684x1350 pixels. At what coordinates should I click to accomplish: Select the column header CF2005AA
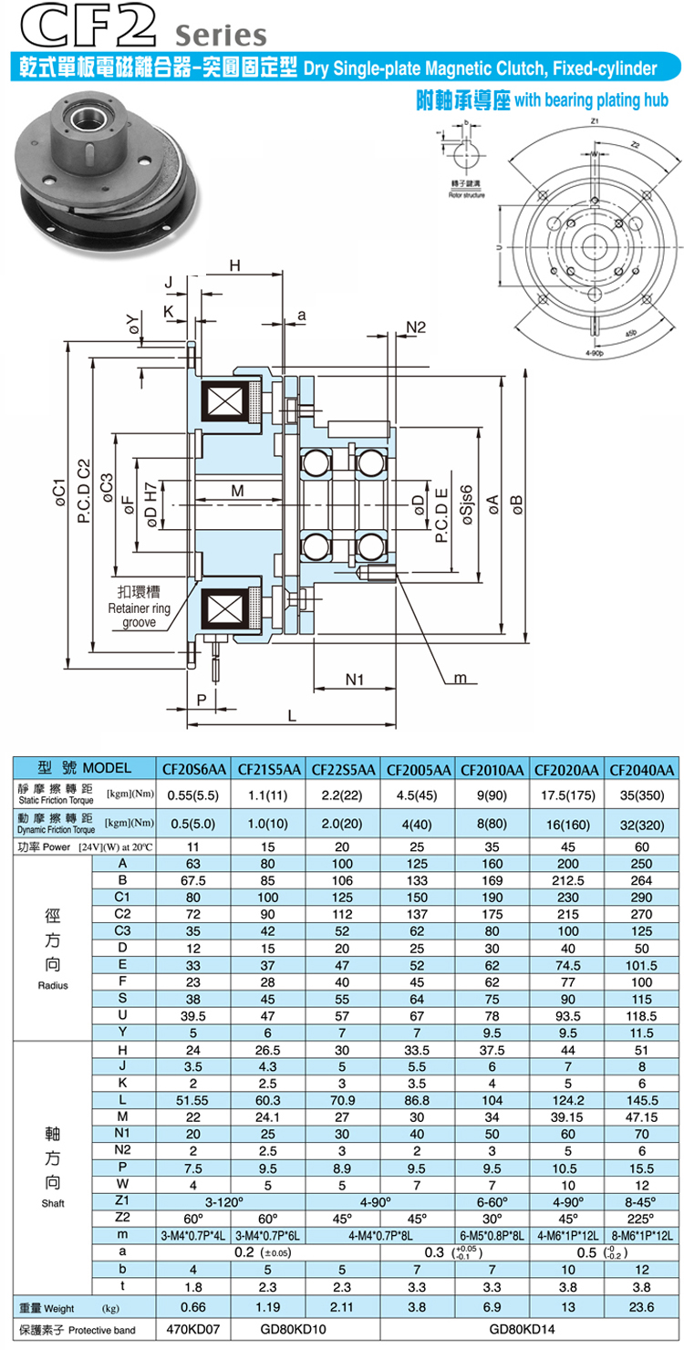[x=418, y=769]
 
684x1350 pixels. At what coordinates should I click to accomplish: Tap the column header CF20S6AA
[x=195, y=769]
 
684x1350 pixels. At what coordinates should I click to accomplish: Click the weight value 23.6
[x=642, y=1307]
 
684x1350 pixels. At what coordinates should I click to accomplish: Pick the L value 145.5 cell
[x=642, y=1101]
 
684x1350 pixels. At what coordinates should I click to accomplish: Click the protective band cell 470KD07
[x=195, y=1330]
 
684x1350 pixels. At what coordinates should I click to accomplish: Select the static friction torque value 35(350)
[x=642, y=794]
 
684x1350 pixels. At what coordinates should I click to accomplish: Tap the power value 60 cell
[x=642, y=846]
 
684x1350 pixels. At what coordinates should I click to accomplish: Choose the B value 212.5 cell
[x=567, y=879]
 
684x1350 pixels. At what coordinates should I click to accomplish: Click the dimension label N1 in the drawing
[x=356, y=680]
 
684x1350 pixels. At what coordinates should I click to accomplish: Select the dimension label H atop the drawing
[x=234, y=265]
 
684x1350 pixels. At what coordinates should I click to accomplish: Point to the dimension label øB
[x=516, y=501]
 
